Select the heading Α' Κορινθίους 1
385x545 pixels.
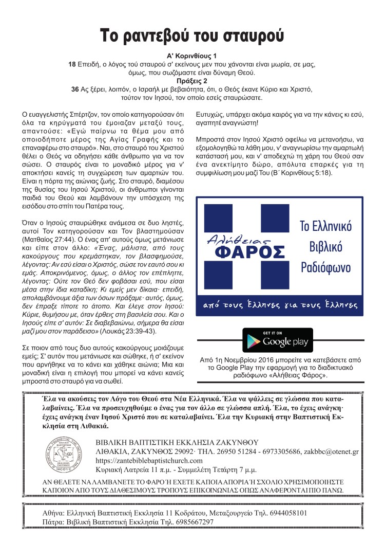point(192,56)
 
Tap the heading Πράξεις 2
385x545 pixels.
point(192,81)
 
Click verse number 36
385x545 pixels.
point(75,89)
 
